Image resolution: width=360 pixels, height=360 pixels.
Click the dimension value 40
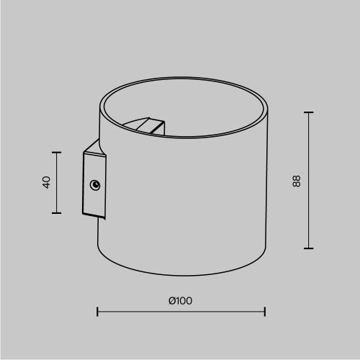46,182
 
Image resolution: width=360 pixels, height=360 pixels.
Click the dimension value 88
296,181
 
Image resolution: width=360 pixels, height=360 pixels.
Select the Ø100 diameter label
181,300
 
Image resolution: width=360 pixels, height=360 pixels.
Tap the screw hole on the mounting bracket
95,186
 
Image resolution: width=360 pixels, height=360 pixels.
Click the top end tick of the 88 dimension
309,112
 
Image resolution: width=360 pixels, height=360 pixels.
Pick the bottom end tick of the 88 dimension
309,248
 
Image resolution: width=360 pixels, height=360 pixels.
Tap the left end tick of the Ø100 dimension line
97,311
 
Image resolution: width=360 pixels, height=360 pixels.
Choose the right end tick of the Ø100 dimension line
266,311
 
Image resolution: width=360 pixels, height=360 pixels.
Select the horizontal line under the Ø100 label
181,311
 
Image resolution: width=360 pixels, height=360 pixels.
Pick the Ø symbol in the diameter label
172,300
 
